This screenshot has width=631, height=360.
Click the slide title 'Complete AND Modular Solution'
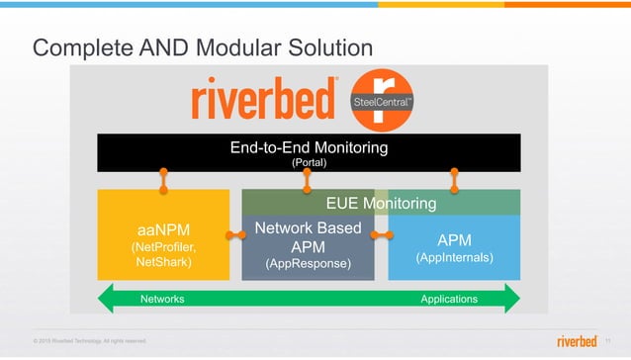[x=203, y=47]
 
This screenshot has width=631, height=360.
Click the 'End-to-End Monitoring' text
[x=309, y=147]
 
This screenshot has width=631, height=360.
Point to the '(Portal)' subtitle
[x=309, y=162]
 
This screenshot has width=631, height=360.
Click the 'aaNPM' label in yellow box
[x=163, y=229]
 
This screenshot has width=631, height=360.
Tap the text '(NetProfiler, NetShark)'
[x=163, y=255]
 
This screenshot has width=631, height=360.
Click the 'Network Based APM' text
[x=309, y=237]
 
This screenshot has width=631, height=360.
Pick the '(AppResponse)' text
[x=309, y=264]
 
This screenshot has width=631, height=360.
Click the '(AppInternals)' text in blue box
[x=454, y=258]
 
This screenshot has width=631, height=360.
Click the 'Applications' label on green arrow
[x=449, y=299]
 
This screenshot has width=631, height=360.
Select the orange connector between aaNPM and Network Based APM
[x=235, y=235]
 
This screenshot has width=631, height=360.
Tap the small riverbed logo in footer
[x=577, y=341]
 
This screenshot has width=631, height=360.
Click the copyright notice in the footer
[x=90, y=342]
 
